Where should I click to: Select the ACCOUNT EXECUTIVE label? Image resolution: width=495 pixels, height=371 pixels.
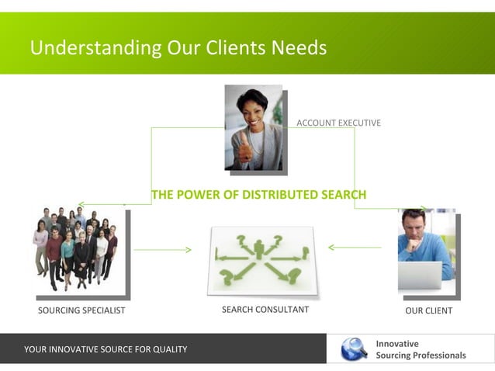338,123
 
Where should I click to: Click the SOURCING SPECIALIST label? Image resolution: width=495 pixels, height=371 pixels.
81,310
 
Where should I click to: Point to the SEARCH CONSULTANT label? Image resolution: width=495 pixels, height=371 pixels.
265,310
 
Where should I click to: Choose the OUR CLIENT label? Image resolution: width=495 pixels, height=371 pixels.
428,310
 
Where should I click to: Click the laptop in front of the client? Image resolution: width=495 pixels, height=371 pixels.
420,275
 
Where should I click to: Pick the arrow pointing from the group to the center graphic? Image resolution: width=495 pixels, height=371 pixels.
162,250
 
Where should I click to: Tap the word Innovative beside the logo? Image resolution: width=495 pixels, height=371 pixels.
396,343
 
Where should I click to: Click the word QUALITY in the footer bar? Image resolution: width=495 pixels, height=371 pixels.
169,349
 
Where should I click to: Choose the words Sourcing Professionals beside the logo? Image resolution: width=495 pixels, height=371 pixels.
421,355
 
